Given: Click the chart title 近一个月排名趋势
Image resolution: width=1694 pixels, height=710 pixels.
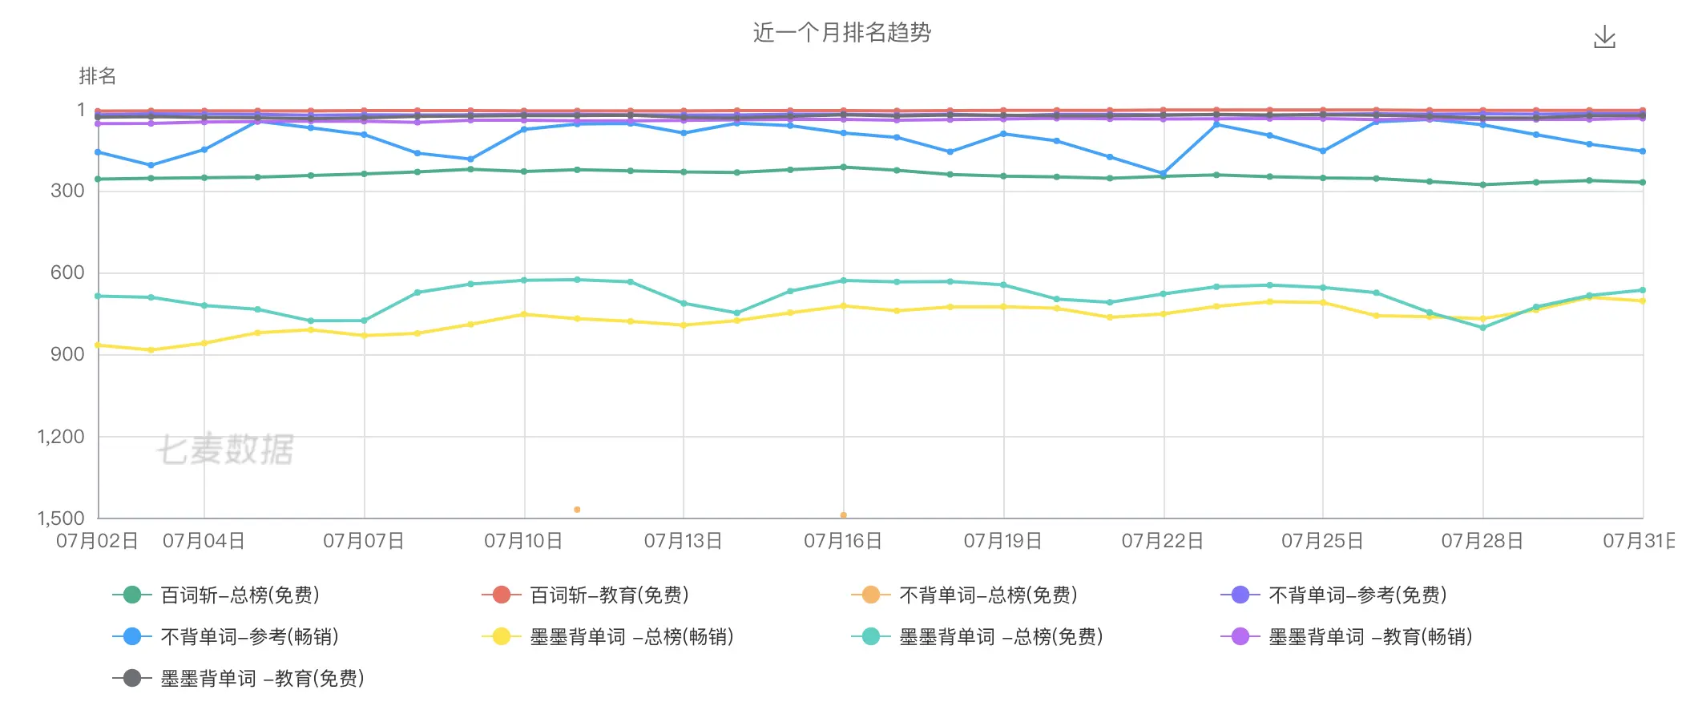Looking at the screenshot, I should [x=841, y=33].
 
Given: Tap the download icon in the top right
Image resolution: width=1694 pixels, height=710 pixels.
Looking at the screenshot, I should [x=1604, y=37].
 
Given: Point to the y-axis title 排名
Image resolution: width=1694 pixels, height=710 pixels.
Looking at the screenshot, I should [x=98, y=76].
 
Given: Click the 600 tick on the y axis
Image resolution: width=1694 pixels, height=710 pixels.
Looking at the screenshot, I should [x=67, y=272].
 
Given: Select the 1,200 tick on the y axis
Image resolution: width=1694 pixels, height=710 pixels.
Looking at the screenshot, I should [x=61, y=437].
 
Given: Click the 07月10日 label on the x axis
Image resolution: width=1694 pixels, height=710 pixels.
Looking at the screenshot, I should [x=523, y=541].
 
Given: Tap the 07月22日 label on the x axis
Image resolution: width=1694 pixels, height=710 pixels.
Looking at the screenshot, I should [x=1162, y=541].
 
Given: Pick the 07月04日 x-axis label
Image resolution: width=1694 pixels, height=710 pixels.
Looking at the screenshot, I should [x=204, y=541].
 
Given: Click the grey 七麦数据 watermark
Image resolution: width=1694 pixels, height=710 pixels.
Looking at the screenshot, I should [x=225, y=449].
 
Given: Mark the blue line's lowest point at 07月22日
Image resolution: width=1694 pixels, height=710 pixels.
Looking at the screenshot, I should [x=1163, y=173].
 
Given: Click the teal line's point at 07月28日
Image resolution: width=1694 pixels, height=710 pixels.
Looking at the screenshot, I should [x=1482, y=328].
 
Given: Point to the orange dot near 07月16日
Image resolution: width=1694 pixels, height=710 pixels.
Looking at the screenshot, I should [x=843, y=515].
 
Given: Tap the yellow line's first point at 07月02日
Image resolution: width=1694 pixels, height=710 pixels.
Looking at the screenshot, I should [x=98, y=345].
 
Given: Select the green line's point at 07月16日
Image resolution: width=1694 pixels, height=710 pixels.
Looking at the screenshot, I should [x=843, y=167].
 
